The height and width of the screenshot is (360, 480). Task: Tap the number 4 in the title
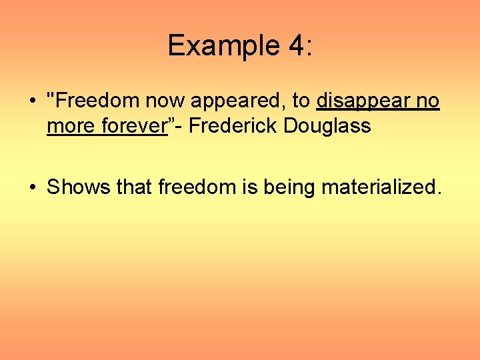click(x=295, y=46)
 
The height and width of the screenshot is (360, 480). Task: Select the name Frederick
click(x=233, y=125)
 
